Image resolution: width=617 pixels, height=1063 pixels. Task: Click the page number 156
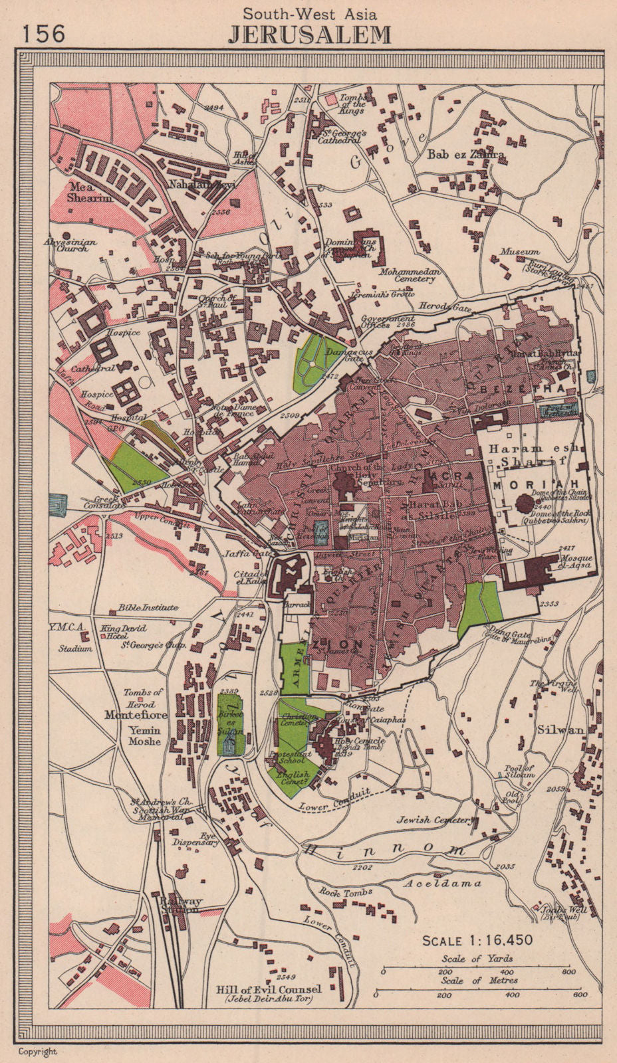pyautogui.click(x=44, y=32)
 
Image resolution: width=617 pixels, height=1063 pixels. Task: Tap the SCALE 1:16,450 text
pyautogui.click(x=477, y=940)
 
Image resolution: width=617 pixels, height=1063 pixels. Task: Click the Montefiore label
pyautogui.click(x=135, y=716)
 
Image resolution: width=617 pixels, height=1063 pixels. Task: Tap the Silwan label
pyautogui.click(x=566, y=729)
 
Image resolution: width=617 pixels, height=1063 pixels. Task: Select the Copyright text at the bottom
pyautogui.click(x=38, y=1051)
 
